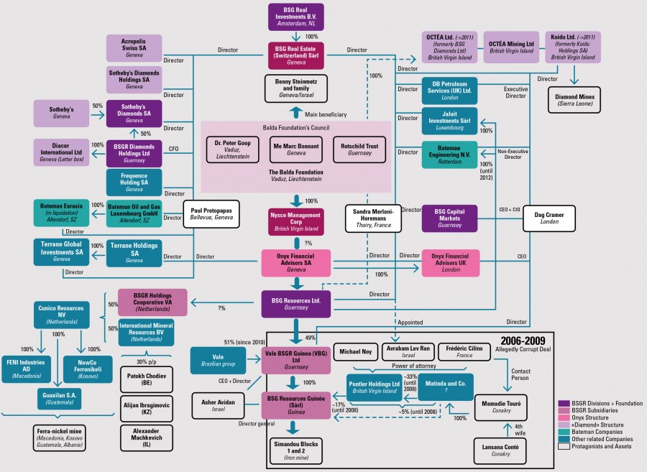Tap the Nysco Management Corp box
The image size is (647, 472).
click(295, 223)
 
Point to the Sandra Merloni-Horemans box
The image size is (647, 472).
click(372, 218)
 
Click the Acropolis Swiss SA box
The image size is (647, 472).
click(134, 48)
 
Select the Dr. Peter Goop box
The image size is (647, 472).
click(234, 149)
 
